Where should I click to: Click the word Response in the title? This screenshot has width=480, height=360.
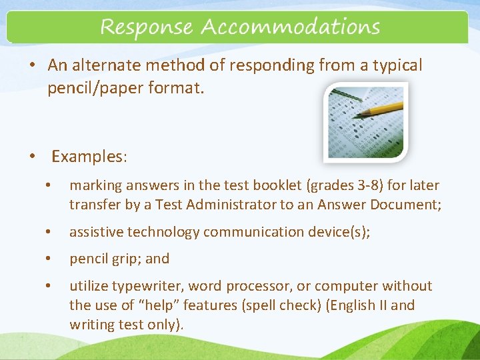146,28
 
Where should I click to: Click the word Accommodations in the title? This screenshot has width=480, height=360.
290,28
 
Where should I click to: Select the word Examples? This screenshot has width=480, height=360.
89,157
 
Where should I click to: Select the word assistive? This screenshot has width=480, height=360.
93,232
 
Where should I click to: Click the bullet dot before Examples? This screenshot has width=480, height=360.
32,157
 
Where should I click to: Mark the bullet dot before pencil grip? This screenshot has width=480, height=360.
47,259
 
